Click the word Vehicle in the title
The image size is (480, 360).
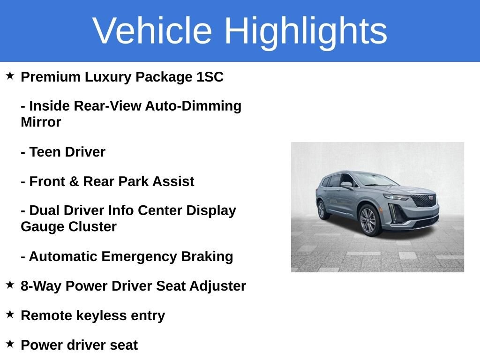[x=152, y=30]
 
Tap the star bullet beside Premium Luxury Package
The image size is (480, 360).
[x=10, y=75]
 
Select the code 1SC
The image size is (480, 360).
[x=210, y=77]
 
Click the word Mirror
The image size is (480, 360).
[x=41, y=122]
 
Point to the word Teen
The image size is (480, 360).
[x=45, y=152]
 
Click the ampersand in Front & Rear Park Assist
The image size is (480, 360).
[x=74, y=181]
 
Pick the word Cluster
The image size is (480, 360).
[x=92, y=227]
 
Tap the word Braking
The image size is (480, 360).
[x=207, y=256]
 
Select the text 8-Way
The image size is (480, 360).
[x=41, y=286]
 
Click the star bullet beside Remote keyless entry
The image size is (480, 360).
[x=10, y=314]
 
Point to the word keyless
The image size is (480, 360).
[x=101, y=316]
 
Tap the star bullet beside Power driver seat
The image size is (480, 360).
[x=10, y=344]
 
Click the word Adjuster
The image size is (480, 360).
[x=217, y=286]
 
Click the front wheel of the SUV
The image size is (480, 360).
[x=368, y=220]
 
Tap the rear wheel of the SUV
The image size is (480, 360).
[x=322, y=210]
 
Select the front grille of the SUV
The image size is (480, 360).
[x=424, y=200]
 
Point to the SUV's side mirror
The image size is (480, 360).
[x=346, y=185]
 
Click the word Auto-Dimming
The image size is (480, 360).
[x=193, y=106]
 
